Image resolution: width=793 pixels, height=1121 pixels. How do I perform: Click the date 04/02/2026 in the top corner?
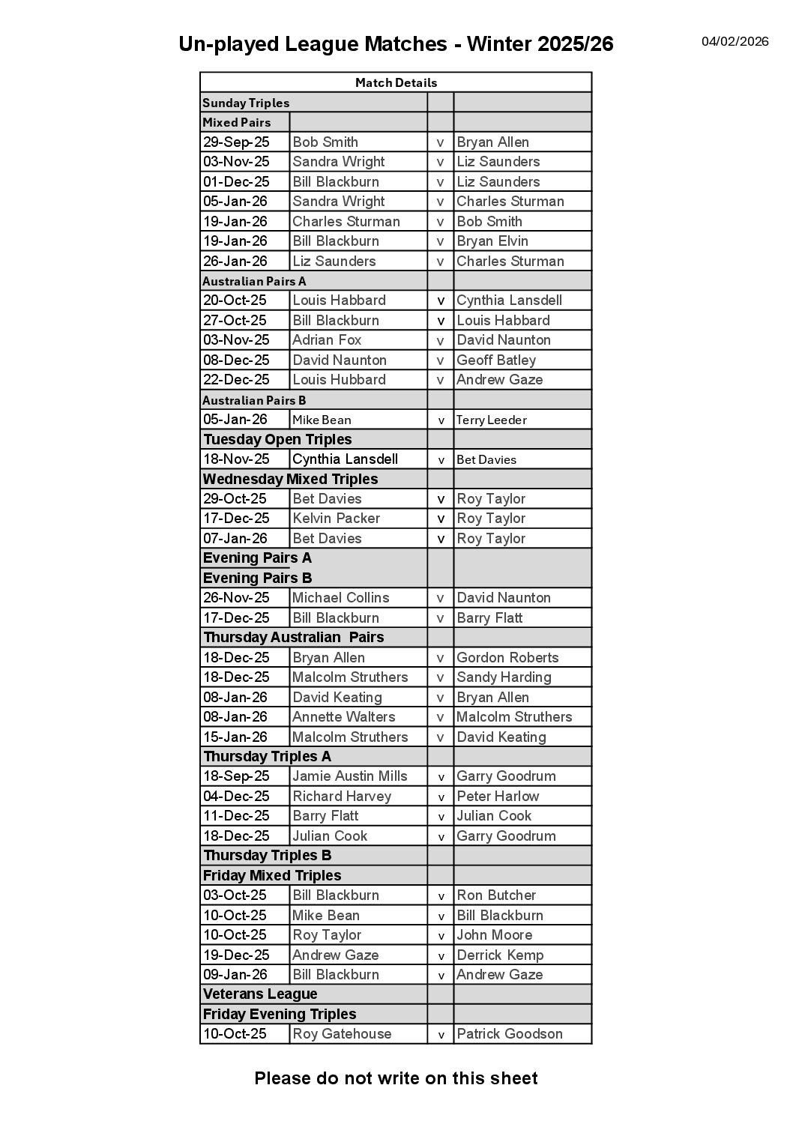(x=735, y=41)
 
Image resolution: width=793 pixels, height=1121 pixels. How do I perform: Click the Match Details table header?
(x=396, y=82)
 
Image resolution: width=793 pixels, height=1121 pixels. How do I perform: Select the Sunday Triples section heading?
(x=246, y=103)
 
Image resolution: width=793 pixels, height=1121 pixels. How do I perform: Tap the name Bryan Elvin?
(x=492, y=241)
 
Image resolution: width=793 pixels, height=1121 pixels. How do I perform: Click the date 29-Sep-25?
(x=235, y=142)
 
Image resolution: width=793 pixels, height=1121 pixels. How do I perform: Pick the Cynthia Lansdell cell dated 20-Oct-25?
(x=509, y=300)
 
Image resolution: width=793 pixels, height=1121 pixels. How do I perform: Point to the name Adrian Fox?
(x=327, y=339)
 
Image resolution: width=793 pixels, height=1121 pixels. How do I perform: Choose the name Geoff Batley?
(x=496, y=360)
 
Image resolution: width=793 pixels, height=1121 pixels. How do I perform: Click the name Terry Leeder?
(x=491, y=420)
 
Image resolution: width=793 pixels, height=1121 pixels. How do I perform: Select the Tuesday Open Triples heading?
(x=277, y=439)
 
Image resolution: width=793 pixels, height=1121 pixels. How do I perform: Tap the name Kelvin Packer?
(x=336, y=518)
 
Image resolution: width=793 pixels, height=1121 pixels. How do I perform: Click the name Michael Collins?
(x=340, y=597)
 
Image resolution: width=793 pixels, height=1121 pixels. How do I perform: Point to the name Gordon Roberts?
(x=507, y=657)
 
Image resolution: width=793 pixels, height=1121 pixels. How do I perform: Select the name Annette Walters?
(x=343, y=716)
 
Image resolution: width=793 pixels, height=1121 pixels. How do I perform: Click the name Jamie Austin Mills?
(x=349, y=776)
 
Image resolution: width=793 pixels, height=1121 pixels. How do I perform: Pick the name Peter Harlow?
(x=498, y=796)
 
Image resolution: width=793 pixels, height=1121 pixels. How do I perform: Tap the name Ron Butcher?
(x=496, y=895)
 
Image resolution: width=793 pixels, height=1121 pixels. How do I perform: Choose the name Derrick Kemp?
(x=500, y=955)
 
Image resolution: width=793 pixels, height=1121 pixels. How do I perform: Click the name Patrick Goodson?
(x=509, y=1033)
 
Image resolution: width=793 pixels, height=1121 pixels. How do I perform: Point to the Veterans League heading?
(x=260, y=994)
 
